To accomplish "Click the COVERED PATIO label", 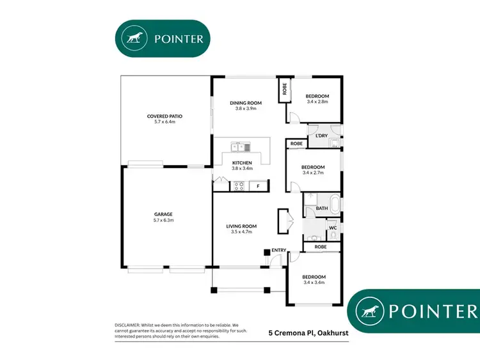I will (165, 116).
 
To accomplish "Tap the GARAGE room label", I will (164, 214).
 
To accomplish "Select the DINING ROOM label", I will (243, 103).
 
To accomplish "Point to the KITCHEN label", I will (242, 163).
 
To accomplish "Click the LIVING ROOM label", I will (241, 226).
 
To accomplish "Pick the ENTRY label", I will (279, 250).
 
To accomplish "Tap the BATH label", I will (321, 208).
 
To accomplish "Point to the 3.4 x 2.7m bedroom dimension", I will (314, 173).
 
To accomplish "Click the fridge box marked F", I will (258, 187).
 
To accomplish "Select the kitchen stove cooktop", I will (238, 187).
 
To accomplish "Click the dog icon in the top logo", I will (135, 38).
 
